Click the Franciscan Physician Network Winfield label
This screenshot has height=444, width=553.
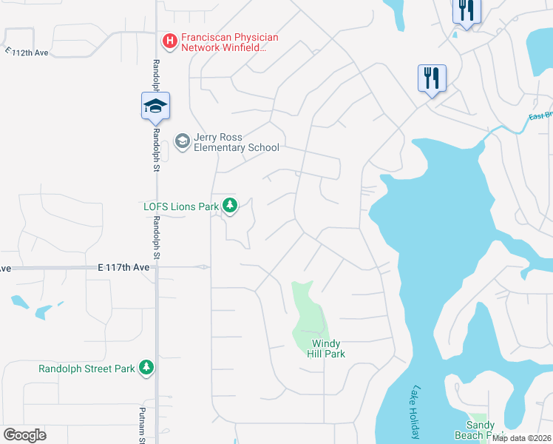click(x=220, y=42)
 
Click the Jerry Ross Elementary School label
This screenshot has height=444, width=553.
click(x=236, y=142)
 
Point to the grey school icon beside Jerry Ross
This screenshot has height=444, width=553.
click(x=181, y=141)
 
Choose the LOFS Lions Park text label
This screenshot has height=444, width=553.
click(x=180, y=206)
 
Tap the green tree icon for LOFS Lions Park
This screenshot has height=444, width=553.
click(x=230, y=205)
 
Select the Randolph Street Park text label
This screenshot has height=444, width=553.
click(x=86, y=368)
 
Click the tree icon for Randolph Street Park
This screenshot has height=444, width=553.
click(x=146, y=367)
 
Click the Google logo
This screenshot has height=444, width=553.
click(x=24, y=434)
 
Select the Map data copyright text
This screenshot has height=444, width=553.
click(x=521, y=438)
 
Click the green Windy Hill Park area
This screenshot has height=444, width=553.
click(x=309, y=318)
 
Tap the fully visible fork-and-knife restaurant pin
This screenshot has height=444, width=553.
click(x=432, y=78)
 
